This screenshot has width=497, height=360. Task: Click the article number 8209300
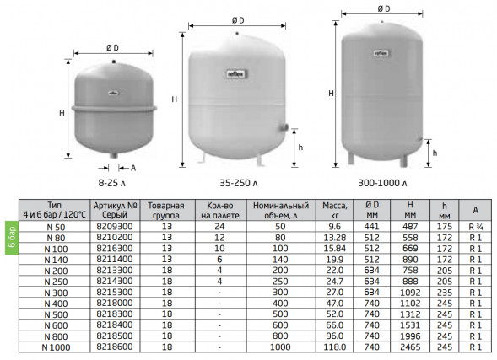tap(115, 227)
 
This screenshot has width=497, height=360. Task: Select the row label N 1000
tap(56, 347)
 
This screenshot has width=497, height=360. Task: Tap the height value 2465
tap(410, 347)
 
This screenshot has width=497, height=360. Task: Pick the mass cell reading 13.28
tap(335, 238)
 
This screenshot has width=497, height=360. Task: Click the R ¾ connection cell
tap(476, 227)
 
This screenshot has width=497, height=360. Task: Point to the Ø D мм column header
tap(372, 210)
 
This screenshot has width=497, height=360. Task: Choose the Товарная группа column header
tap(166, 210)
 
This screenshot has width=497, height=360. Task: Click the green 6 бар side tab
tap(12, 238)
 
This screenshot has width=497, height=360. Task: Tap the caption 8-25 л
tap(112, 183)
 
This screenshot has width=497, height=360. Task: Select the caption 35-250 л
tap(239, 183)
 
